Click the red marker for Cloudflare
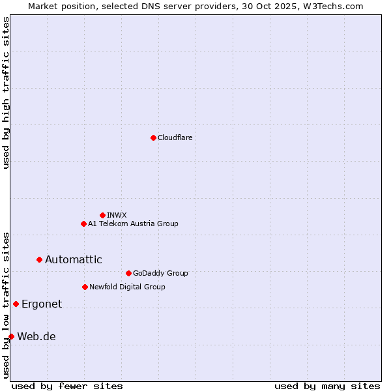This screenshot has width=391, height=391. coord(153,138)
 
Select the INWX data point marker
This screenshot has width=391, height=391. coord(102,215)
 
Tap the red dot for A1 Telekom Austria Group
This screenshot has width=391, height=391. coord(83,224)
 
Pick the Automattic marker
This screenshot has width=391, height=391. coord(39,259)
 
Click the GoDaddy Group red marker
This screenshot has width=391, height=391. coord(128,273)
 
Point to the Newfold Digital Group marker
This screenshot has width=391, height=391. coord(85,287)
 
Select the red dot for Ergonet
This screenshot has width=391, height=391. coord(16,304)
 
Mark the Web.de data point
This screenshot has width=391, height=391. coord(11,336)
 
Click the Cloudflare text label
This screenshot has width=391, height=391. coord(175,138)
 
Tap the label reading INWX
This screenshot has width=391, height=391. coord(117,215)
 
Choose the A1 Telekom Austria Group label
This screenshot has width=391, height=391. coord(133,224)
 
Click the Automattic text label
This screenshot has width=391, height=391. coord(73,259)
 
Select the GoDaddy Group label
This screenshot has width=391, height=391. coord(160,273)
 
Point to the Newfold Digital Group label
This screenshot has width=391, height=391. coord(127,287)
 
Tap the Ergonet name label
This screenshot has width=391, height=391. coord(42,304)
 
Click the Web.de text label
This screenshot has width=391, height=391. coord(36,336)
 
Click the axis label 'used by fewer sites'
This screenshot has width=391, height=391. coord(67,386)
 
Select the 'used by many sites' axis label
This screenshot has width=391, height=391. coord(327,386)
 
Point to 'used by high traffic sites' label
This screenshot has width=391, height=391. coord(6,93)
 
